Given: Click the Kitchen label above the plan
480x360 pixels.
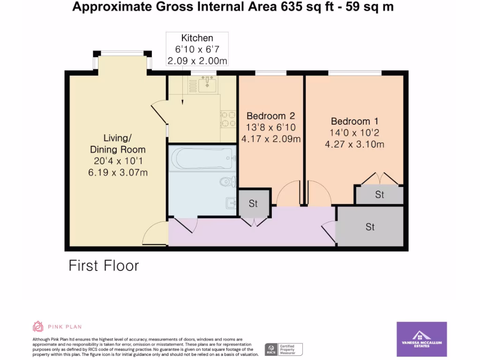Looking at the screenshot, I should click(x=197, y=38).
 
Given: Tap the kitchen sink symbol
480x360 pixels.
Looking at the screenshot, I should click(x=207, y=85).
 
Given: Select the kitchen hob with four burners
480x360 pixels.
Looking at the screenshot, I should click(x=228, y=119).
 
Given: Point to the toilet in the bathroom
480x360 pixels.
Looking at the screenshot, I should click(x=227, y=181).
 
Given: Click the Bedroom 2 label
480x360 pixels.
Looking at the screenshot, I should click(x=271, y=116).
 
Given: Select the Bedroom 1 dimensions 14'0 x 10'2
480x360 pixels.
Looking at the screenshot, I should click(x=354, y=133).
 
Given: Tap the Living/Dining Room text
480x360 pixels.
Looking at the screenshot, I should click(x=117, y=143).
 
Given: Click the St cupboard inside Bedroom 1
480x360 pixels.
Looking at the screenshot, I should click(x=379, y=195).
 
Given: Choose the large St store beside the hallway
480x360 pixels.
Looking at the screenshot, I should click(x=370, y=227).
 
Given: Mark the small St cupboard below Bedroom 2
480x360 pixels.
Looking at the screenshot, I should click(x=254, y=203).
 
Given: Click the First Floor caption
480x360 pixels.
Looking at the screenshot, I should click(x=104, y=266).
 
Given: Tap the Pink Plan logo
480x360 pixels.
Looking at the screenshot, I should click(x=52, y=326).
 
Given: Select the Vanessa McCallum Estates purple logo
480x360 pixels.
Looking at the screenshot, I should click(x=421, y=339).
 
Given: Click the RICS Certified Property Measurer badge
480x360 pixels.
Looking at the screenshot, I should click(x=284, y=349).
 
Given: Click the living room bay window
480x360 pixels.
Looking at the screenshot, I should click(x=122, y=53).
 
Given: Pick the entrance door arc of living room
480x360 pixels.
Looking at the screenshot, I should click(x=153, y=234).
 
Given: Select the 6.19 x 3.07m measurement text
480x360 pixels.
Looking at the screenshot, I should click(x=118, y=172).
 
